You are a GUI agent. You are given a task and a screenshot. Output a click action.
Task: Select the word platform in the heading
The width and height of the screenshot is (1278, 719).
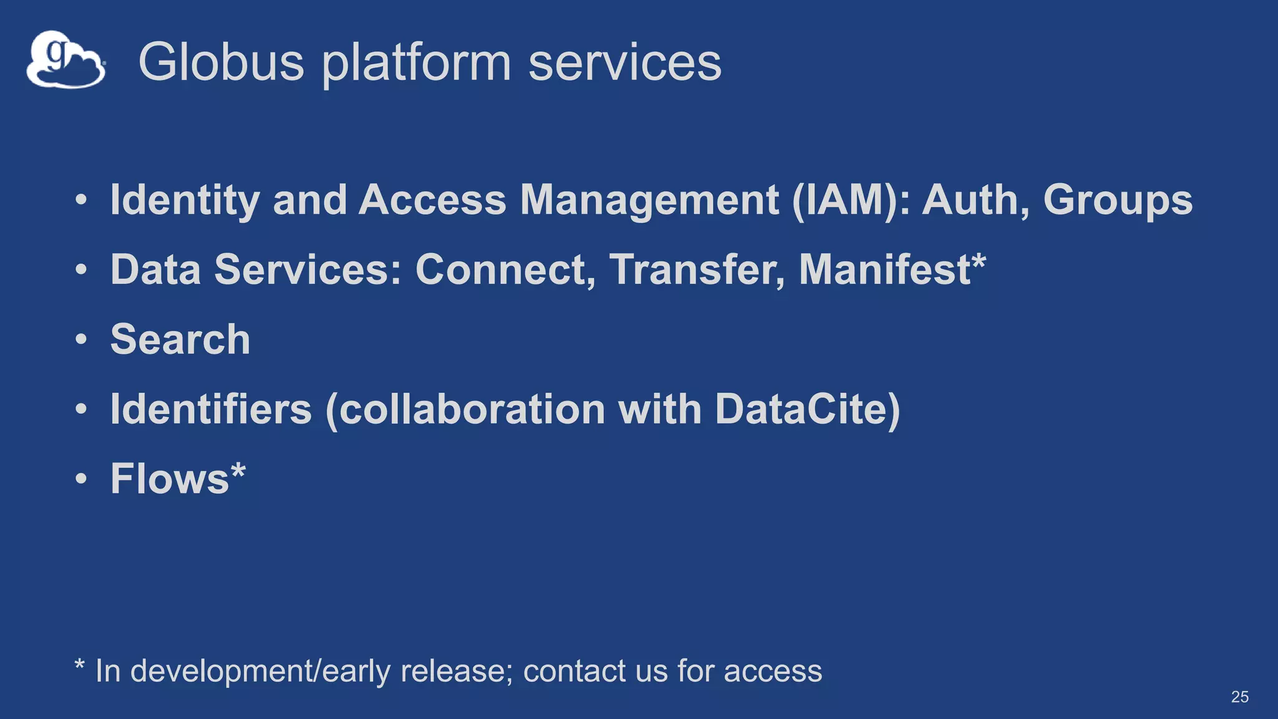pos(416,63)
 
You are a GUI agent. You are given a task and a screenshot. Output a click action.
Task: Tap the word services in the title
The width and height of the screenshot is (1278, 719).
pos(625,63)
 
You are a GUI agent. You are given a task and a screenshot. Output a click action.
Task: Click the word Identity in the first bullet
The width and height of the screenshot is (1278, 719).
pos(185,200)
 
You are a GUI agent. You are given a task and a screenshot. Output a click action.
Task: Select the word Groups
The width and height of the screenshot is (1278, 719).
pos(1118,200)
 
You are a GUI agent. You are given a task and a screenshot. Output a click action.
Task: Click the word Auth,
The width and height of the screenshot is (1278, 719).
pos(976,200)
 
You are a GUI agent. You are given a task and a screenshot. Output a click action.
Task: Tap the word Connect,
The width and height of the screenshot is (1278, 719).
pos(505,270)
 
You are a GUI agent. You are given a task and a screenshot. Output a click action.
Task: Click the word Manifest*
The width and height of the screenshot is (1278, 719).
pos(892,270)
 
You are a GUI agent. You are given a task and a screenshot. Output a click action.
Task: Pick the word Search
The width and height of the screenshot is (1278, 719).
pos(180,340)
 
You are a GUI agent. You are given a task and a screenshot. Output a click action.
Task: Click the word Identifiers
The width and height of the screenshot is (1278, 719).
pos(211,409)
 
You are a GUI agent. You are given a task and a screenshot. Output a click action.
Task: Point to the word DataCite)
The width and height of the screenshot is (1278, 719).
pos(807,409)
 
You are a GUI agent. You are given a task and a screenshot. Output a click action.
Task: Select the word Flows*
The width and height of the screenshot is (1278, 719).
pos(178,479)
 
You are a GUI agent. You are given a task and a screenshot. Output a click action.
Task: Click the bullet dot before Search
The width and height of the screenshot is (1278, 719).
pos(81,340)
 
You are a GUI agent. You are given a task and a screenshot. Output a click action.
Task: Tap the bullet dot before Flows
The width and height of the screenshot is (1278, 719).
pos(81,479)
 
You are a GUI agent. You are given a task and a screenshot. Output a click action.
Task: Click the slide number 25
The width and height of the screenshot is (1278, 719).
pos(1239,697)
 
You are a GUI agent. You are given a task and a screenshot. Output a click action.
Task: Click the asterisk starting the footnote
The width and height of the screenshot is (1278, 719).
pos(79,665)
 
